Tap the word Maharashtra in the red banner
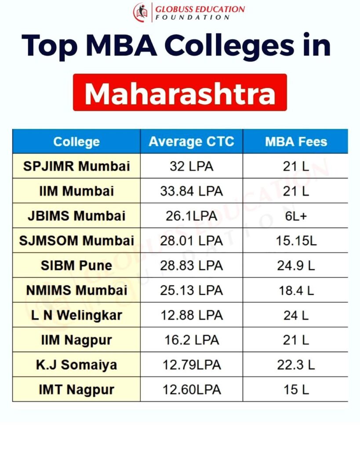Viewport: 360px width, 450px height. [180, 93]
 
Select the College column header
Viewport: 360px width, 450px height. [76, 142]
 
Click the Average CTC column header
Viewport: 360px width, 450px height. [191, 142]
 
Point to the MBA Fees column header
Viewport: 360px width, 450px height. [296, 142]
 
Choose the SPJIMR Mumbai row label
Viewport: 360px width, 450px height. [76, 167]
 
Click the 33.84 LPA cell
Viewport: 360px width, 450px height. [191, 191]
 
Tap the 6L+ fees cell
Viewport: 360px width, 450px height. [296, 216]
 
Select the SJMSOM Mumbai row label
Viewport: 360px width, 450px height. [76, 241]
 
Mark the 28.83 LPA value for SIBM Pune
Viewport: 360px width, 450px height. [191, 265]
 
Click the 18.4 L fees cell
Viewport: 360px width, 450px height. [296, 290]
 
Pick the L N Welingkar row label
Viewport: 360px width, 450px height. [76, 315]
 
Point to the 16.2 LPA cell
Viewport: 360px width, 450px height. [191, 340]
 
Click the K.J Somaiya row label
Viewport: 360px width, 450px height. [76, 365]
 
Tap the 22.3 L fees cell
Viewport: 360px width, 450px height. [296, 365]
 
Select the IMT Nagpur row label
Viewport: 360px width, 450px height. [76, 389]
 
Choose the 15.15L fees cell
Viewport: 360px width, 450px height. [296, 241]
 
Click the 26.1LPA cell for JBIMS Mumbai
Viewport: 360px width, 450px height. [191, 216]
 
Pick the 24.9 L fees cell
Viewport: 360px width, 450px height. [296, 265]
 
